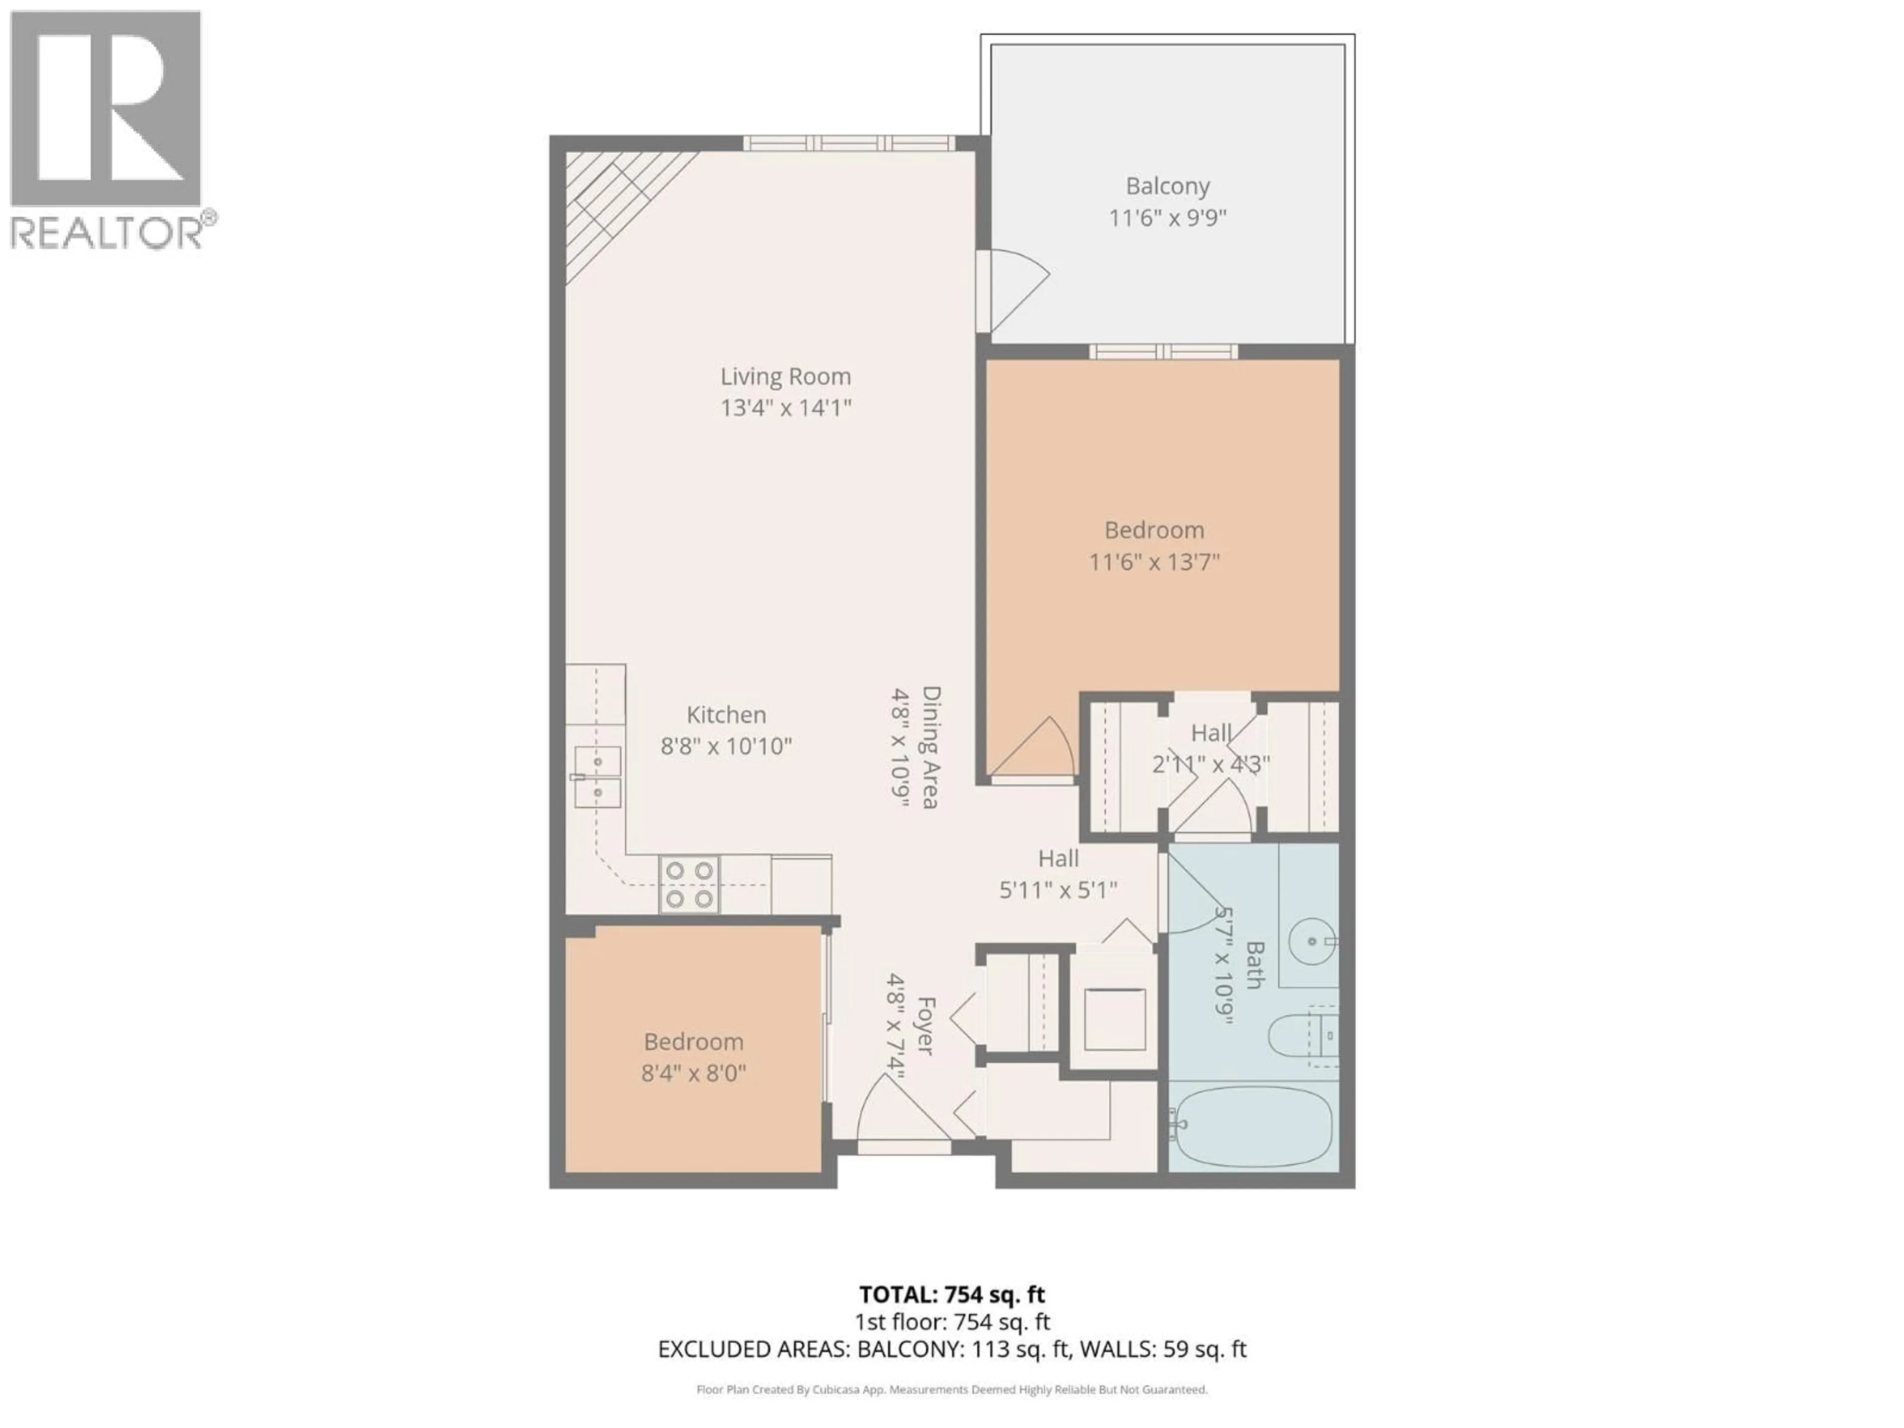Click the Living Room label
point(785,376)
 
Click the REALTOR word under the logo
point(105,233)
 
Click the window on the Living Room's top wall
point(849,143)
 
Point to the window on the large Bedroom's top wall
point(1163,351)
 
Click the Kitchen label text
point(725,714)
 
